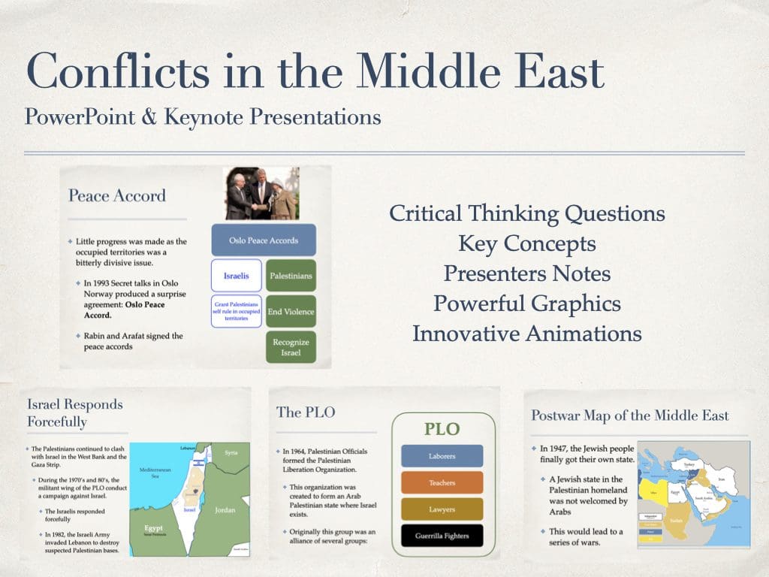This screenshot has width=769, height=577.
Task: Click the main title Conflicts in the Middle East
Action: point(315,72)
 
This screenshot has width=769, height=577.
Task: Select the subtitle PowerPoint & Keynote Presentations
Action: point(202,117)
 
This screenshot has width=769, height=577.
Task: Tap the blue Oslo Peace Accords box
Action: point(264,240)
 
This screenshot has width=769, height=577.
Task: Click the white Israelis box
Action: point(236,276)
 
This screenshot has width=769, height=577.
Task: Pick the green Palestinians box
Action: point(291,276)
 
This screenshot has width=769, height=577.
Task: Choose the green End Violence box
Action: point(291,311)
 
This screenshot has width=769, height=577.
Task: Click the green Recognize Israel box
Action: point(291,346)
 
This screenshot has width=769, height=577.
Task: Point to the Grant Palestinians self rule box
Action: point(236,312)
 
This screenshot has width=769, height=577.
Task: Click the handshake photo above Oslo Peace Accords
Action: point(262,193)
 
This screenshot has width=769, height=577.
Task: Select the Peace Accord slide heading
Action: point(116,196)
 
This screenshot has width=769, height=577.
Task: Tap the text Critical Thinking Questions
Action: point(526,213)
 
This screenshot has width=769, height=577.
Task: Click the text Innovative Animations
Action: point(526,333)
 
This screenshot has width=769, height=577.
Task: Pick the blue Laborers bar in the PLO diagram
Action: point(442,456)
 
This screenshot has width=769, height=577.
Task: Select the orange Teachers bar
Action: point(442,483)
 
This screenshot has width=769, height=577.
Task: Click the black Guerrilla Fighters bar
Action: point(442,536)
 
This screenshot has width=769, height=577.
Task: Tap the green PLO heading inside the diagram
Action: point(442,429)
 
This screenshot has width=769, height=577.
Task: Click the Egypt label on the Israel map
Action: point(153,529)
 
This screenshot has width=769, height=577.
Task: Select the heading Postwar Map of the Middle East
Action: point(629,415)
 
